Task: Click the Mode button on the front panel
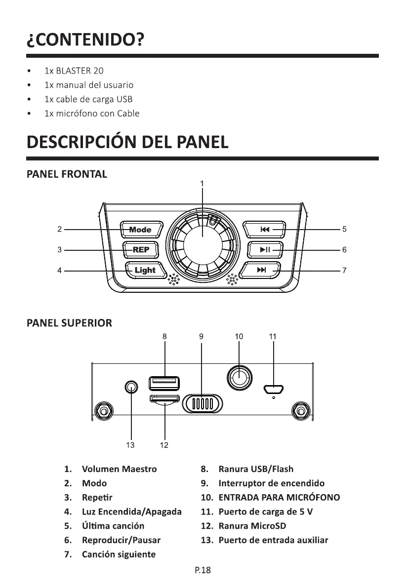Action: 141,230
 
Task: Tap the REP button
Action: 141,250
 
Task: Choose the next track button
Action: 262,270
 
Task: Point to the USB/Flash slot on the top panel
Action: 164,383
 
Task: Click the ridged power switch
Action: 202,403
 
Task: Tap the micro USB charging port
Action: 273,389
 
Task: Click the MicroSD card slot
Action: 164,399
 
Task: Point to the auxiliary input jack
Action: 131,387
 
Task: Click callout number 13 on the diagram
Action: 130,445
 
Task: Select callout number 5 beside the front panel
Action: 344,230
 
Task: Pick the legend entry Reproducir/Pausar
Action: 121,540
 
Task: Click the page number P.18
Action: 203,571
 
